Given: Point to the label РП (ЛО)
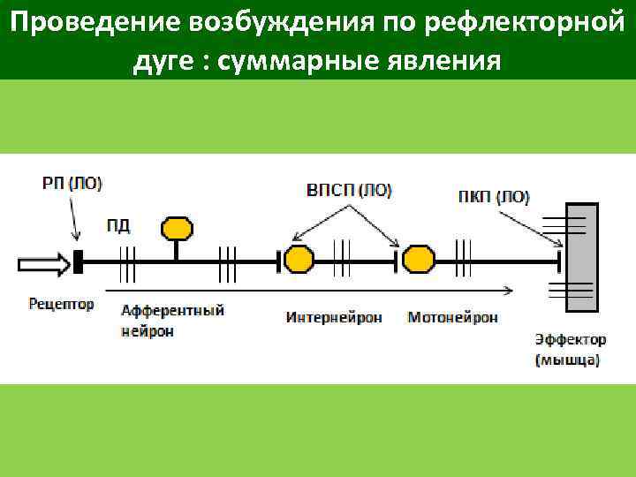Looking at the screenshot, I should point(72,184).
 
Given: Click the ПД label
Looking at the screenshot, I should point(117,225).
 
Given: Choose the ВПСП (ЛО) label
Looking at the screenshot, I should point(349,190).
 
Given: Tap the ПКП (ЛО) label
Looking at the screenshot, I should point(495,197).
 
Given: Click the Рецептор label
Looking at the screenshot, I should point(61,304).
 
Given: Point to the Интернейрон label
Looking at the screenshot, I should point(333,316).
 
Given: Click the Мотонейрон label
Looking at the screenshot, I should point(452,316).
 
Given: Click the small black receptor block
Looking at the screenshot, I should point(79,261).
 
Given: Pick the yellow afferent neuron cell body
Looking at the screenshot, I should point(177,229).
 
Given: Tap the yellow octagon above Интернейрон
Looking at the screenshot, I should point(299,261).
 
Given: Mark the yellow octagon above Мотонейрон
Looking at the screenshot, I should point(419,261).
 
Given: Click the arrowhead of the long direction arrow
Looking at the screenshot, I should point(508,290).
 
